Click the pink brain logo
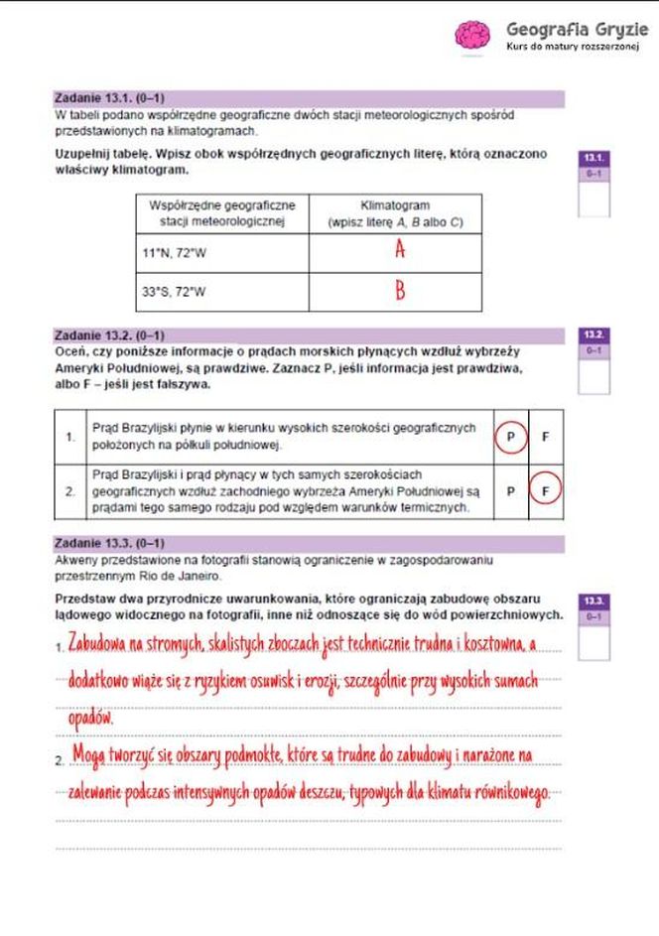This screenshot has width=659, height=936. tap(472, 35)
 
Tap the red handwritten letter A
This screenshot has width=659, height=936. tap(400, 250)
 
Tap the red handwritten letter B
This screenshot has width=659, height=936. tap(400, 292)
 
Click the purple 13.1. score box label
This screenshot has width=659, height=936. tap(594, 158)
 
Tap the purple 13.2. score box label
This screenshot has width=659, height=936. tap(594, 335)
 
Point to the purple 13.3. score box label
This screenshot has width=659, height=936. tap(594, 602)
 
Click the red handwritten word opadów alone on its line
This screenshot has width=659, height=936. tap(91, 717)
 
